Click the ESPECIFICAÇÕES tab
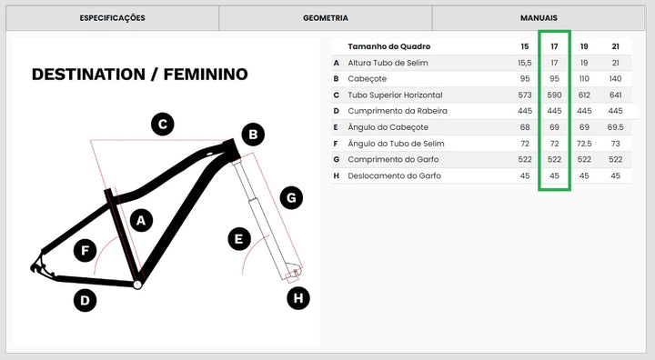pyautogui.click(x=113, y=18)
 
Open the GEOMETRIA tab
pyautogui.click(x=326, y=18)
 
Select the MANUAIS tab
pyautogui.click(x=539, y=18)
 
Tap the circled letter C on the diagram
pyautogui.click(x=163, y=124)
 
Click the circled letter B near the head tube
pyautogui.click(x=253, y=135)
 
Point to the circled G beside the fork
pyautogui.click(x=291, y=197)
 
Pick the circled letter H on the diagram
pyautogui.click(x=298, y=298)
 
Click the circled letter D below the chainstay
pyautogui.click(x=85, y=300)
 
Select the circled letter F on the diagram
pyautogui.click(x=85, y=251)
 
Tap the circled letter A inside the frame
pyautogui.click(x=141, y=220)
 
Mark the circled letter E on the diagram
pyautogui.click(x=239, y=239)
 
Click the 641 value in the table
pyautogui.click(x=615, y=95)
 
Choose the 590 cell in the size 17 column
pyautogui.click(x=554, y=95)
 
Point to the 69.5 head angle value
pyautogui.click(x=615, y=127)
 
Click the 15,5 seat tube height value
pyautogui.click(x=525, y=63)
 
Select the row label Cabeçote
pyautogui.click(x=368, y=79)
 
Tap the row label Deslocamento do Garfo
pyautogui.click(x=394, y=175)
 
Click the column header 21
pyautogui.click(x=615, y=46)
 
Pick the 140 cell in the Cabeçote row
pyautogui.click(x=615, y=78)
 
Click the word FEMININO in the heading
pyautogui.click(x=206, y=75)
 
